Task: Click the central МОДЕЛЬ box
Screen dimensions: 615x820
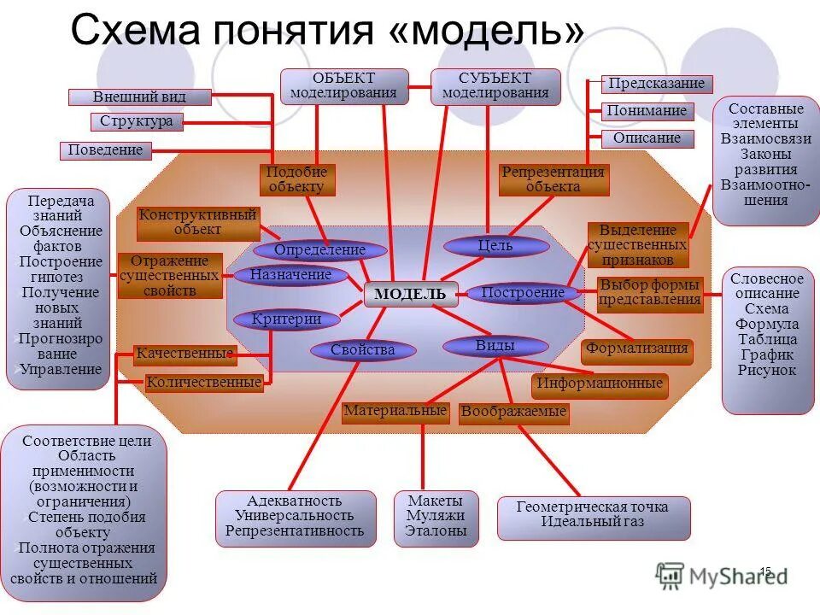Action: tap(411, 294)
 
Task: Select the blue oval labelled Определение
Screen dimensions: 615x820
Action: tap(320, 250)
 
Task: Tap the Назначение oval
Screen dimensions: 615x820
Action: tap(291, 275)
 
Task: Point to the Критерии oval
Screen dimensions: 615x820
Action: tap(287, 319)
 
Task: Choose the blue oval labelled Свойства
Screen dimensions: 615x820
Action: tap(363, 349)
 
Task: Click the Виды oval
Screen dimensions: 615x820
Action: tap(495, 346)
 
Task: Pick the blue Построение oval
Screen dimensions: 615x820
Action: tap(523, 293)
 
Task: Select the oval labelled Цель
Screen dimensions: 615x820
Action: tap(495, 246)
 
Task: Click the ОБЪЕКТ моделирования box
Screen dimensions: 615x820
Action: tap(343, 86)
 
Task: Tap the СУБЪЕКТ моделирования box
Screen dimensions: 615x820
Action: tap(495, 86)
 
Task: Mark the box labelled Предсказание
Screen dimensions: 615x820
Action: tap(657, 84)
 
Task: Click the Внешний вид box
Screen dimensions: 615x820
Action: tap(139, 97)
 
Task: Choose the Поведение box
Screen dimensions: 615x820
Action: tap(106, 151)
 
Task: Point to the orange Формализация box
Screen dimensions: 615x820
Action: tap(637, 348)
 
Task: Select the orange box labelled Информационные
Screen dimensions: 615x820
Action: tap(600, 384)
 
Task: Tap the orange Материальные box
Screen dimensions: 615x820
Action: tap(395, 412)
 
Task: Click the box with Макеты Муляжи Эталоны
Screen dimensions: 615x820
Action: tap(436, 516)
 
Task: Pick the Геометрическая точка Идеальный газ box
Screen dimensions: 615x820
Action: tap(593, 515)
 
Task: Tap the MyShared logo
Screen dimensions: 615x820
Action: tap(722, 576)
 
